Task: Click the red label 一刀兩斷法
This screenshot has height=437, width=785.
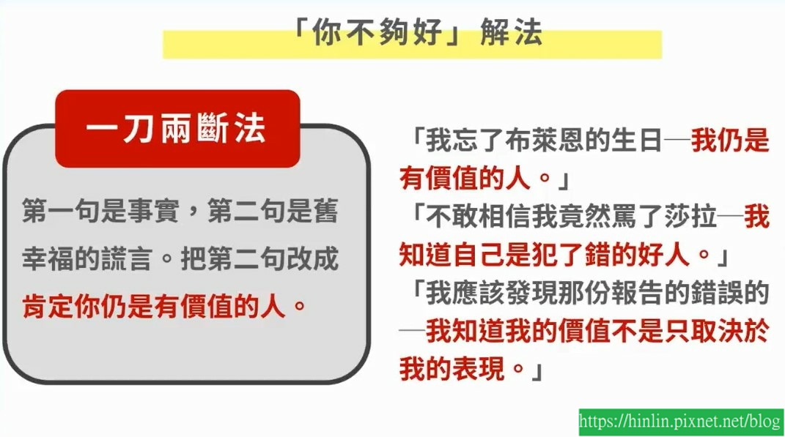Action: [176, 129]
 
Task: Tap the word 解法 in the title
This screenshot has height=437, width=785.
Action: [511, 32]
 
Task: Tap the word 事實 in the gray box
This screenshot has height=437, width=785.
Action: [154, 211]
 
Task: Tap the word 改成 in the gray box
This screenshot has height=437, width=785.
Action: [312, 259]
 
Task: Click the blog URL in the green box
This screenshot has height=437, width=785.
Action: [680, 421]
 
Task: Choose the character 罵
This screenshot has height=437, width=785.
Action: [623, 217]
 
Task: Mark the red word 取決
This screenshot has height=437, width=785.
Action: [718, 331]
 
